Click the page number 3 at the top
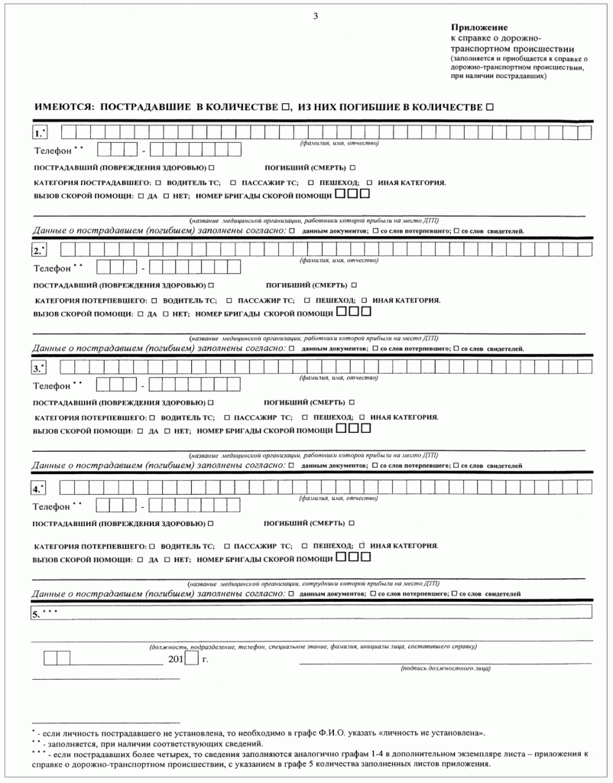tap(315, 16)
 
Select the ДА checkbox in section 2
tap(141, 314)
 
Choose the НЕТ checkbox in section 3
tap(167, 431)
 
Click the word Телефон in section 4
tap(52, 505)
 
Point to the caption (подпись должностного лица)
tap(446, 668)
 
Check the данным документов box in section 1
tap(291, 230)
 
